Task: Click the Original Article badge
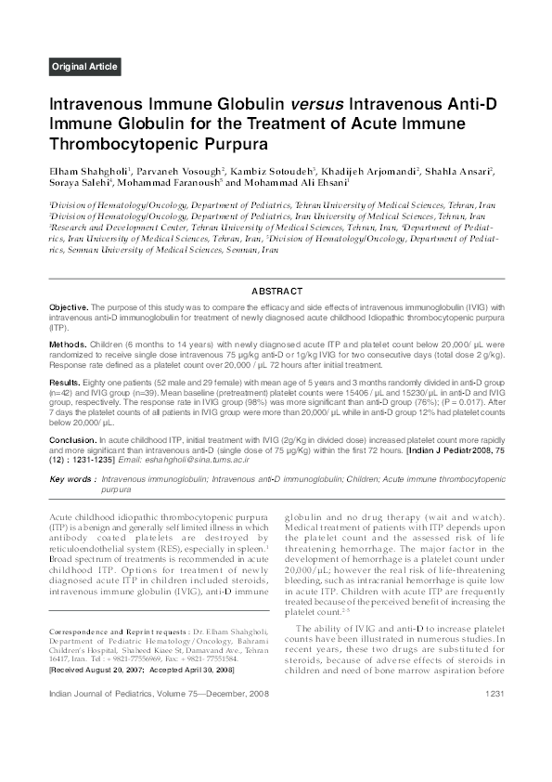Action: coord(83,67)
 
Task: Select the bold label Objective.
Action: coord(69,306)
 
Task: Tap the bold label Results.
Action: coord(65,381)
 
